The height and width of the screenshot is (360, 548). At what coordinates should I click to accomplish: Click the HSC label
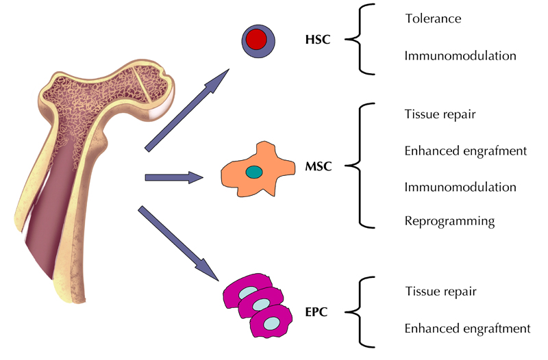(318, 40)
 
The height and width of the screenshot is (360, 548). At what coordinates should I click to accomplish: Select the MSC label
(319, 166)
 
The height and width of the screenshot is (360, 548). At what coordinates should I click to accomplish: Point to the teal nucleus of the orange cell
(254, 172)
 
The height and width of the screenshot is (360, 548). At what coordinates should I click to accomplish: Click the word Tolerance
(433, 18)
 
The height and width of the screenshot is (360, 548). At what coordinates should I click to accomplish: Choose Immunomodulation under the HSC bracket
(460, 55)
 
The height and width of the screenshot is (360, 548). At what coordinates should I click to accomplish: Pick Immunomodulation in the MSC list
(460, 187)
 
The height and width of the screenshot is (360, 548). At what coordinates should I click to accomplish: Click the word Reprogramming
(449, 222)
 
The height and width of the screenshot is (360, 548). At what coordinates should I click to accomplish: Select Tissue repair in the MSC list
(440, 114)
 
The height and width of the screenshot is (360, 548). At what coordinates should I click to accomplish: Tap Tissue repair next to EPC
(440, 292)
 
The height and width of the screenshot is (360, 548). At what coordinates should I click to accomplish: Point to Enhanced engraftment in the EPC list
(468, 329)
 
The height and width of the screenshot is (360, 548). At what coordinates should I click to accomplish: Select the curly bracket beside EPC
(358, 311)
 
